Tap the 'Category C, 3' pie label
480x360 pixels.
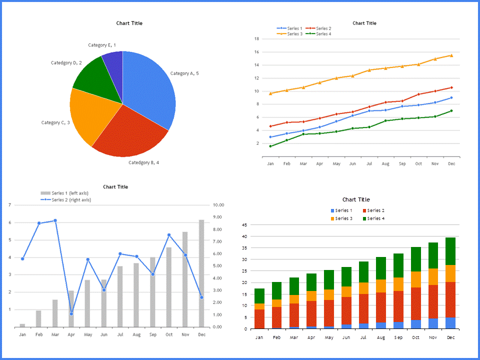point(55,122)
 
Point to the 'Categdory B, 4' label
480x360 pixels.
point(143,162)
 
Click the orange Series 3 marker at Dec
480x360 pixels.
point(451,55)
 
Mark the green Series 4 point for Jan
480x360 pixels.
point(270,146)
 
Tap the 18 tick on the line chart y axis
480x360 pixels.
point(256,38)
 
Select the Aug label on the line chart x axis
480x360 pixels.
point(385,163)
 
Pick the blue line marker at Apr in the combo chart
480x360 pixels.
point(71,314)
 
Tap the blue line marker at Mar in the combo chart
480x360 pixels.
point(55,220)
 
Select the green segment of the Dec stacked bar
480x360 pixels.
point(450,251)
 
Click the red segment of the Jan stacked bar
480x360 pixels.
point(259,319)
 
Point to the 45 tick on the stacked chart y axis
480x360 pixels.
point(244,225)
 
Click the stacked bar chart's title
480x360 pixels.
point(356,199)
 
